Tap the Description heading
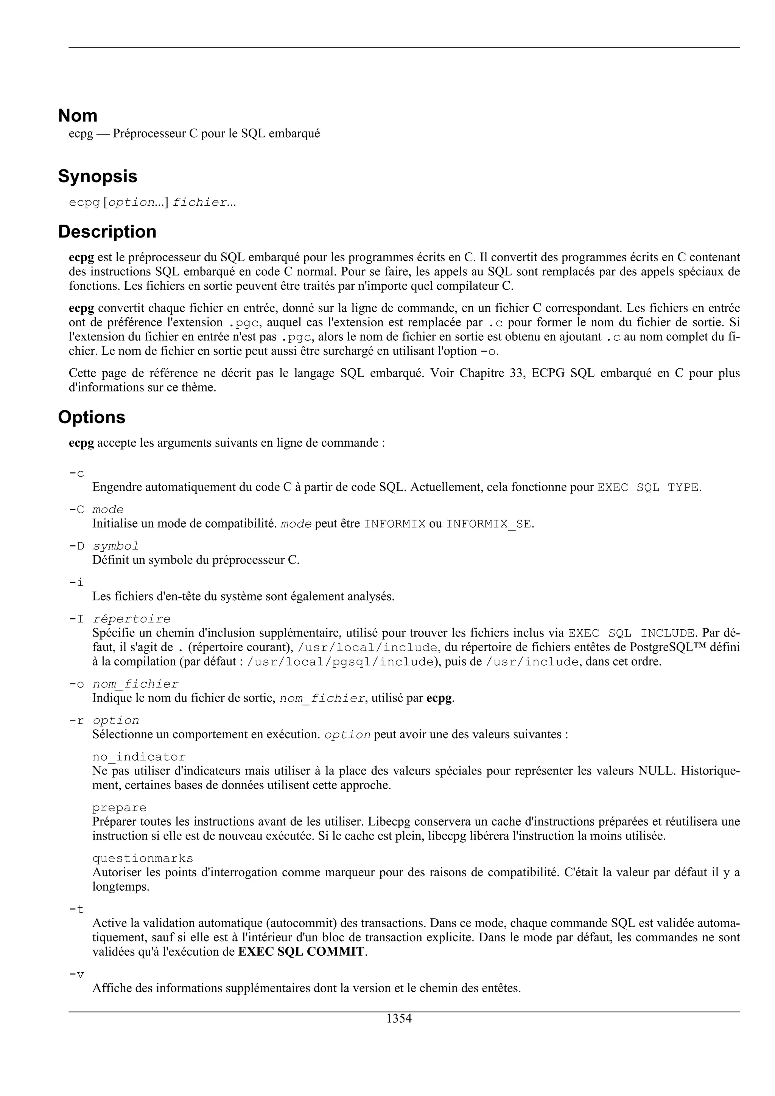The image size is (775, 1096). [x=107, y=231]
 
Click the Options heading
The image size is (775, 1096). [x=92, y=417]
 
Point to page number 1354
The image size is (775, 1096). [x=399, y=1019]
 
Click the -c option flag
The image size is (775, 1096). [x=76, y=473]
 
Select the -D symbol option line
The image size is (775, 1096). [x=104, y=546]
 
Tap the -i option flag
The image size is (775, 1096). [x=76, y=582]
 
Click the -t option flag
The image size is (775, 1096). [x=76, y=910]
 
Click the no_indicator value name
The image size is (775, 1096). [x=139, y=757]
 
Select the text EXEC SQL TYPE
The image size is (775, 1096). [x=648, y=487]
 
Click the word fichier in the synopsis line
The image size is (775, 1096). [x=199, y=202]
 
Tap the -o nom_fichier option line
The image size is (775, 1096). [x=124, y=684]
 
